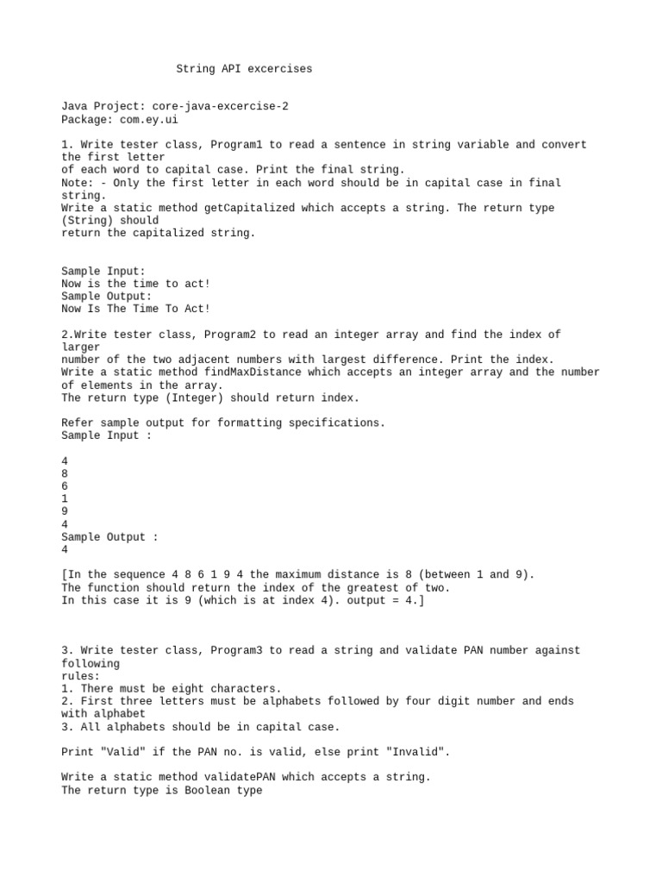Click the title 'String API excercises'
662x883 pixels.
tap(244, 69)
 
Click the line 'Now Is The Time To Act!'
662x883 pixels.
tap(136, 309)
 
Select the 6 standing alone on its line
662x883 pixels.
tap(66, 486)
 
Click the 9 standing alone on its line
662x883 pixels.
tap(66, 511)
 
